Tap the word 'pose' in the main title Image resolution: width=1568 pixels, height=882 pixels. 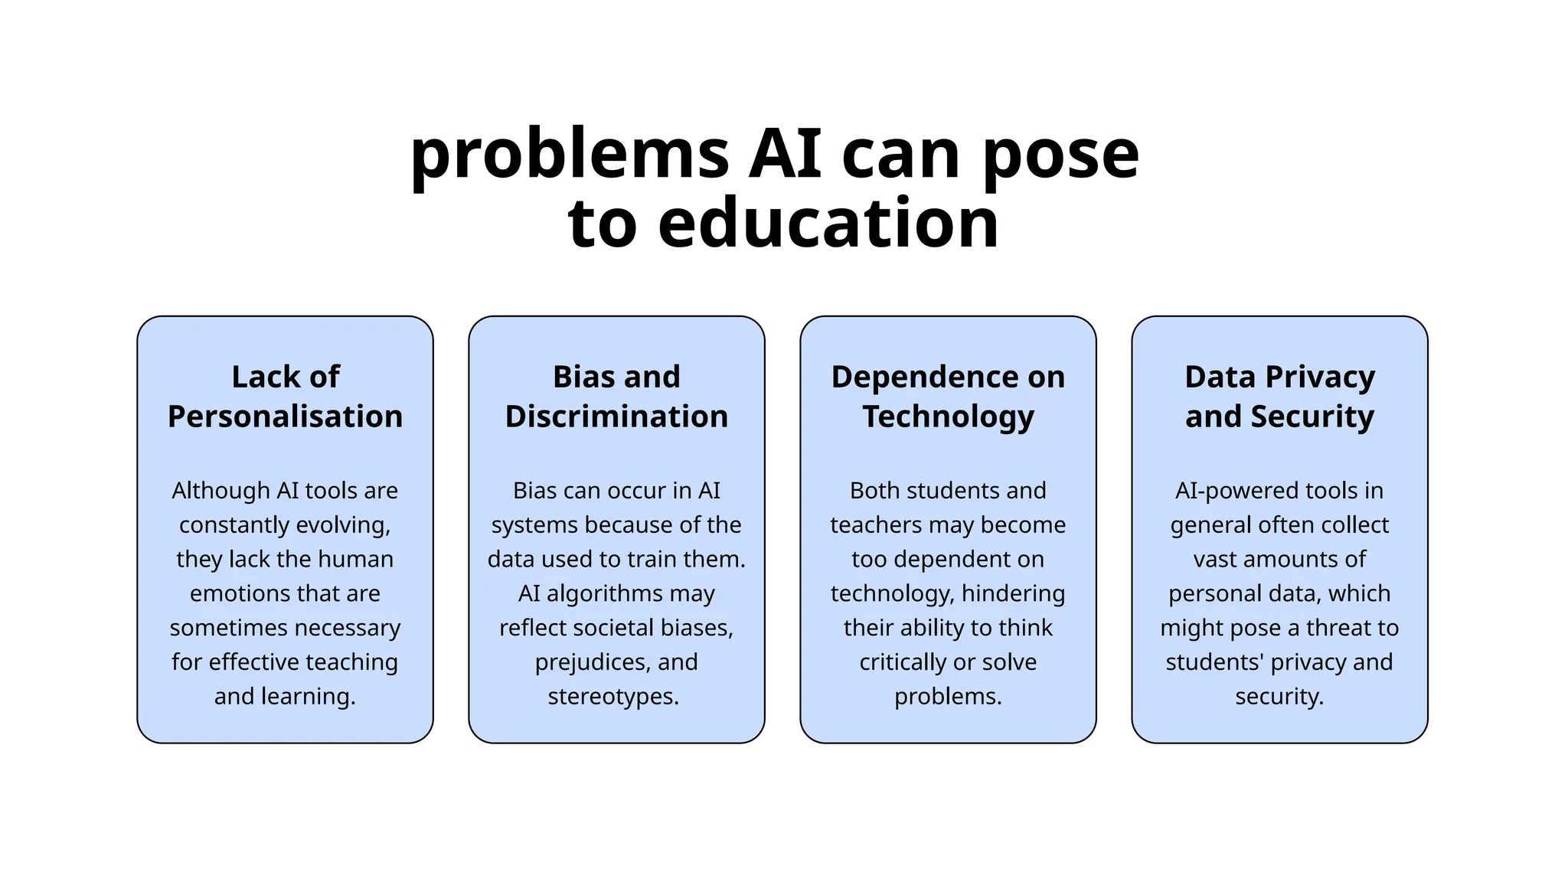pyautogui.click(x=1061, y=156)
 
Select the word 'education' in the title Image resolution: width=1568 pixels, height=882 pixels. pyautogui.click(x=828, y=224)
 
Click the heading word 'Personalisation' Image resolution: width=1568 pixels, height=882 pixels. pyautogui.click(x=285, y=416)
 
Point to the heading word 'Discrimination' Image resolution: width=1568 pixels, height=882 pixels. pyautogui.click(x=616, y=416)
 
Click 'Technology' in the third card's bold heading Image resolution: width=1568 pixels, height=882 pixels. pyautogui.click(x=948, y=416)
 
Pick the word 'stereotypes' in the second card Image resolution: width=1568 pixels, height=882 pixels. pyautogui.click(x=612, y=697)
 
